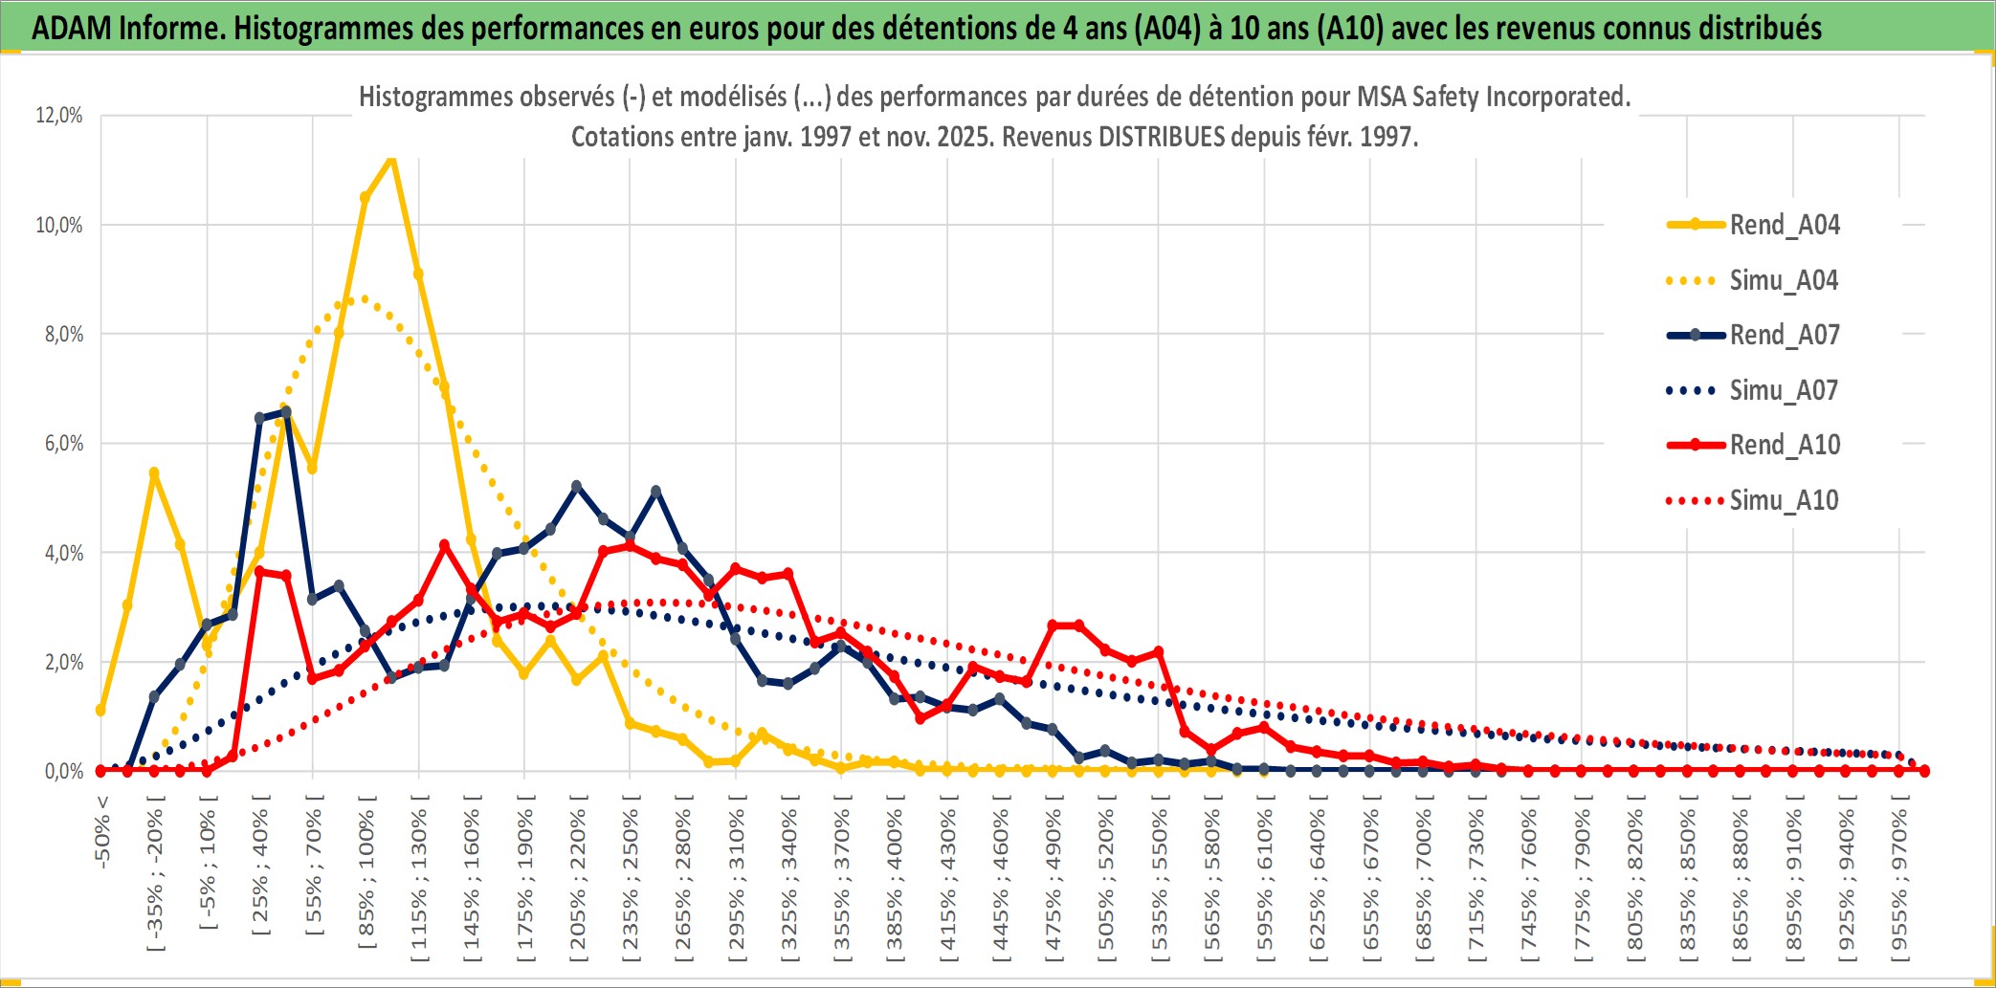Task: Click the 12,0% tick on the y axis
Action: pyautogui.click(x=59, y=116)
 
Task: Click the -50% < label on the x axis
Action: pyautogui.click(x=102, y=831)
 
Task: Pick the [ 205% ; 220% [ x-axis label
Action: pyautogui.click(x=578, y=881)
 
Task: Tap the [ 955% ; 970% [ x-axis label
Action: pyautogui.click(x=1899, y=881)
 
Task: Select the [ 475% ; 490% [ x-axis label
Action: pyautogui.click(x=1053, y=881)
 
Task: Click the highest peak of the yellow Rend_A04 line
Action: pyautogui.click(x=391, y=158)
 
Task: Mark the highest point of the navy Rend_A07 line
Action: pyautogui.click(x=285, y=411)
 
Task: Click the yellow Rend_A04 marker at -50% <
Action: pyautogui.click(x=100, y=711)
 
